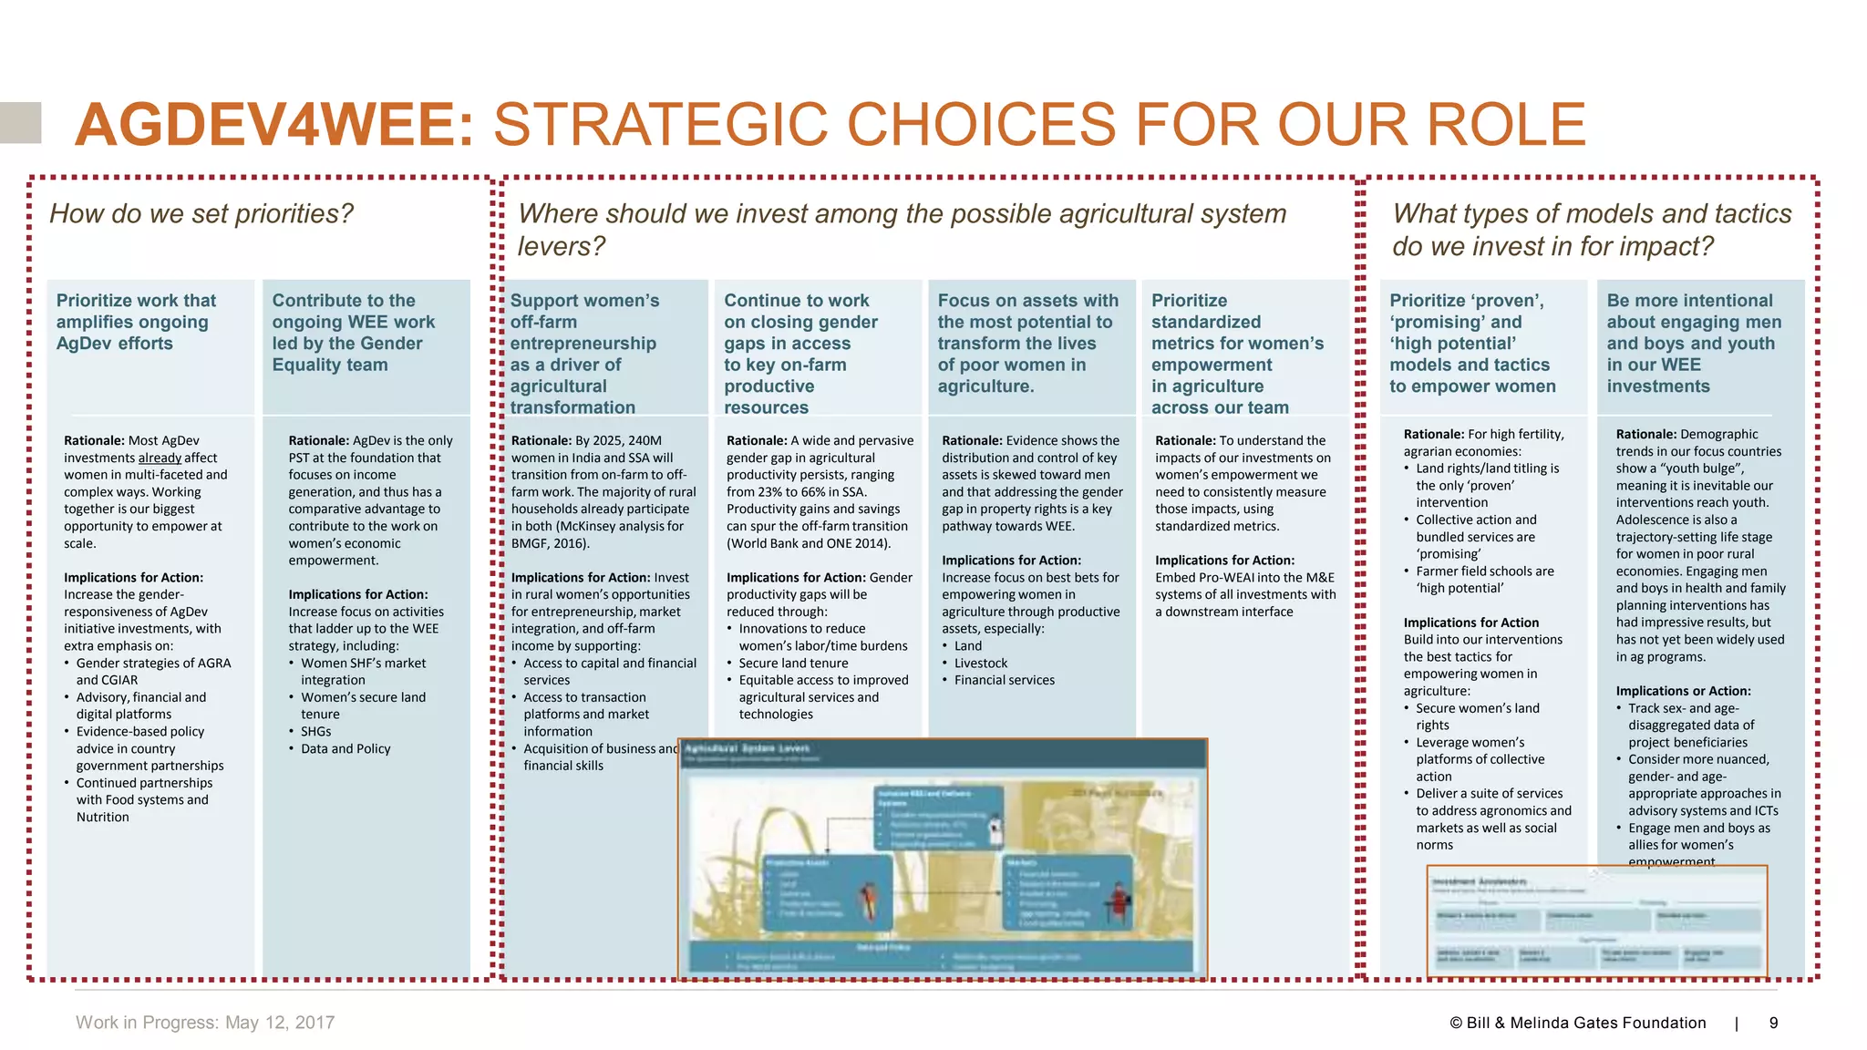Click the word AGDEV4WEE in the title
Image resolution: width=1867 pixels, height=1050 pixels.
pos(274,125)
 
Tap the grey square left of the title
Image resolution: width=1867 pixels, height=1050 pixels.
pos(20,123)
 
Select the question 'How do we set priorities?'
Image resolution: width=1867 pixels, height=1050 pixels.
pos(201,214)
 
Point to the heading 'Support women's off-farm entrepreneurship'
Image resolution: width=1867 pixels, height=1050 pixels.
pos(584,322)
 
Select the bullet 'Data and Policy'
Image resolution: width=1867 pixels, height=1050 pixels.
pos(346,748)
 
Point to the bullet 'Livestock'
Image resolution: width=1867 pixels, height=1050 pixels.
pos(981,663)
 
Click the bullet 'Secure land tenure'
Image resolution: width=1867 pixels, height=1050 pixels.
pos(793,663)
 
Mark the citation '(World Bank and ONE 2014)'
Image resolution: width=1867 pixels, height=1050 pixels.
pos(808,543)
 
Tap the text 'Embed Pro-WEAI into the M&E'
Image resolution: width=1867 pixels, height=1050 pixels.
pos(1244,577)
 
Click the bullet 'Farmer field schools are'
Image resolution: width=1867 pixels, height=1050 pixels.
pos(1484,571)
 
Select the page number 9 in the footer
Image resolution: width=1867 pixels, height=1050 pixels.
pos(1773,1023)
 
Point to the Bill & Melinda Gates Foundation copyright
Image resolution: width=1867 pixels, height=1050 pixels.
pos(1577,1023)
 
